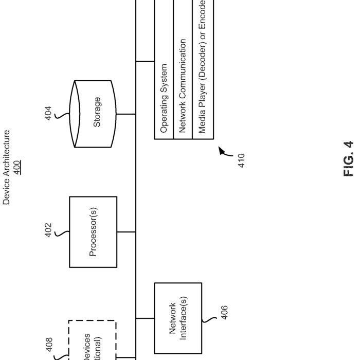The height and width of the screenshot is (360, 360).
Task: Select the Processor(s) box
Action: pyautogui.click(x=93, y=231)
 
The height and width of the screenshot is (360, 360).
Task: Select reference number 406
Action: pyautogui.click(x=224, y=312)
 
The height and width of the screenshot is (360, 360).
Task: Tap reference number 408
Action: pyautogui.click(x=49, y=345)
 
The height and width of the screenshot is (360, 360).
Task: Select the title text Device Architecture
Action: pyautogui.click(x=7, y=168)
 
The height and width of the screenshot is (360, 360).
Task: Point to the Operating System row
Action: pyautogui.click(x=164, y=99)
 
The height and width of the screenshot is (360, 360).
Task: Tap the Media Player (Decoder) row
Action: pyautogui.click(x=202, y=67)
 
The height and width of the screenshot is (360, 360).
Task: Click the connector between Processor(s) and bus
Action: pyautogui.click(x=127, y=231)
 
